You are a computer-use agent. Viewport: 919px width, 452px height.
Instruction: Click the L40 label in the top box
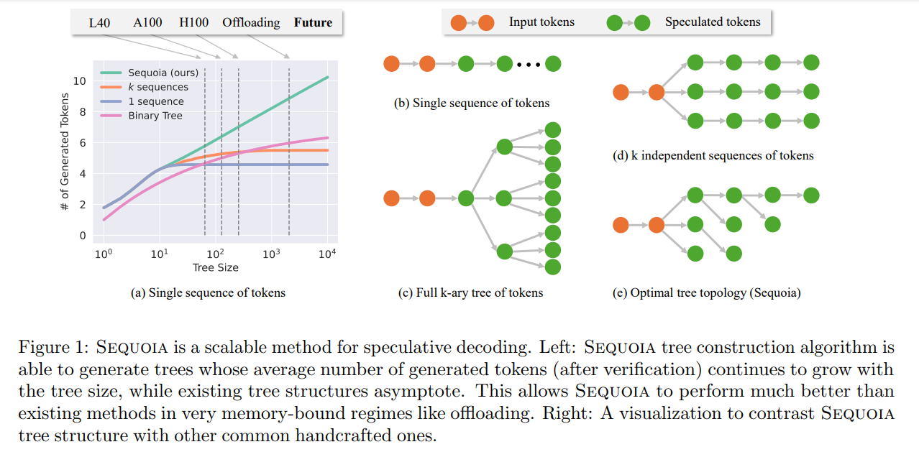[x=99, y=22]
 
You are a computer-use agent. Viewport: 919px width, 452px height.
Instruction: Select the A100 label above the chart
[x=147, y=22]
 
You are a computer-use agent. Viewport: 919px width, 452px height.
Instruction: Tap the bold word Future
[x=313, y=22]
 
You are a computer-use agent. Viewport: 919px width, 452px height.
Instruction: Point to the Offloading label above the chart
[x=251, y=22]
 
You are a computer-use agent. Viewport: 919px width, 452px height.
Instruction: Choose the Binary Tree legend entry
[x=155, y=116]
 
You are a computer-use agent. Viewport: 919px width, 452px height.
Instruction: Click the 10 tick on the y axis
[x=79, y=80]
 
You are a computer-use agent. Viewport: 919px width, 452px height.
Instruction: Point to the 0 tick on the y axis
[x=82, y=236]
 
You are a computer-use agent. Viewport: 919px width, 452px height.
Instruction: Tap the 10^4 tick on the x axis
[x=328, y=254]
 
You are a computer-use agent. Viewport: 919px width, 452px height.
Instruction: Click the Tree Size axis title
[x=215, y=267]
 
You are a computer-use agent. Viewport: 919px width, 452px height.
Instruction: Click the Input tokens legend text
[x=541, y=22]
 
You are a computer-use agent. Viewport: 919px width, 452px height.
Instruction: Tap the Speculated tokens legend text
[x=712, y=22]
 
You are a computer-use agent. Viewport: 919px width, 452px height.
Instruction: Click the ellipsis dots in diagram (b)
[x=528, y=65]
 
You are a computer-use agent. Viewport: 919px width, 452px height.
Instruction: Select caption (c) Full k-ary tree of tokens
[x=470, y=292]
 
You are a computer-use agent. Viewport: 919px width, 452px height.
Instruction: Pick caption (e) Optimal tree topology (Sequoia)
[x=707, y=292]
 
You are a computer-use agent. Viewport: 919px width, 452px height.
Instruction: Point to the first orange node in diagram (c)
[x=391, y=198]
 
